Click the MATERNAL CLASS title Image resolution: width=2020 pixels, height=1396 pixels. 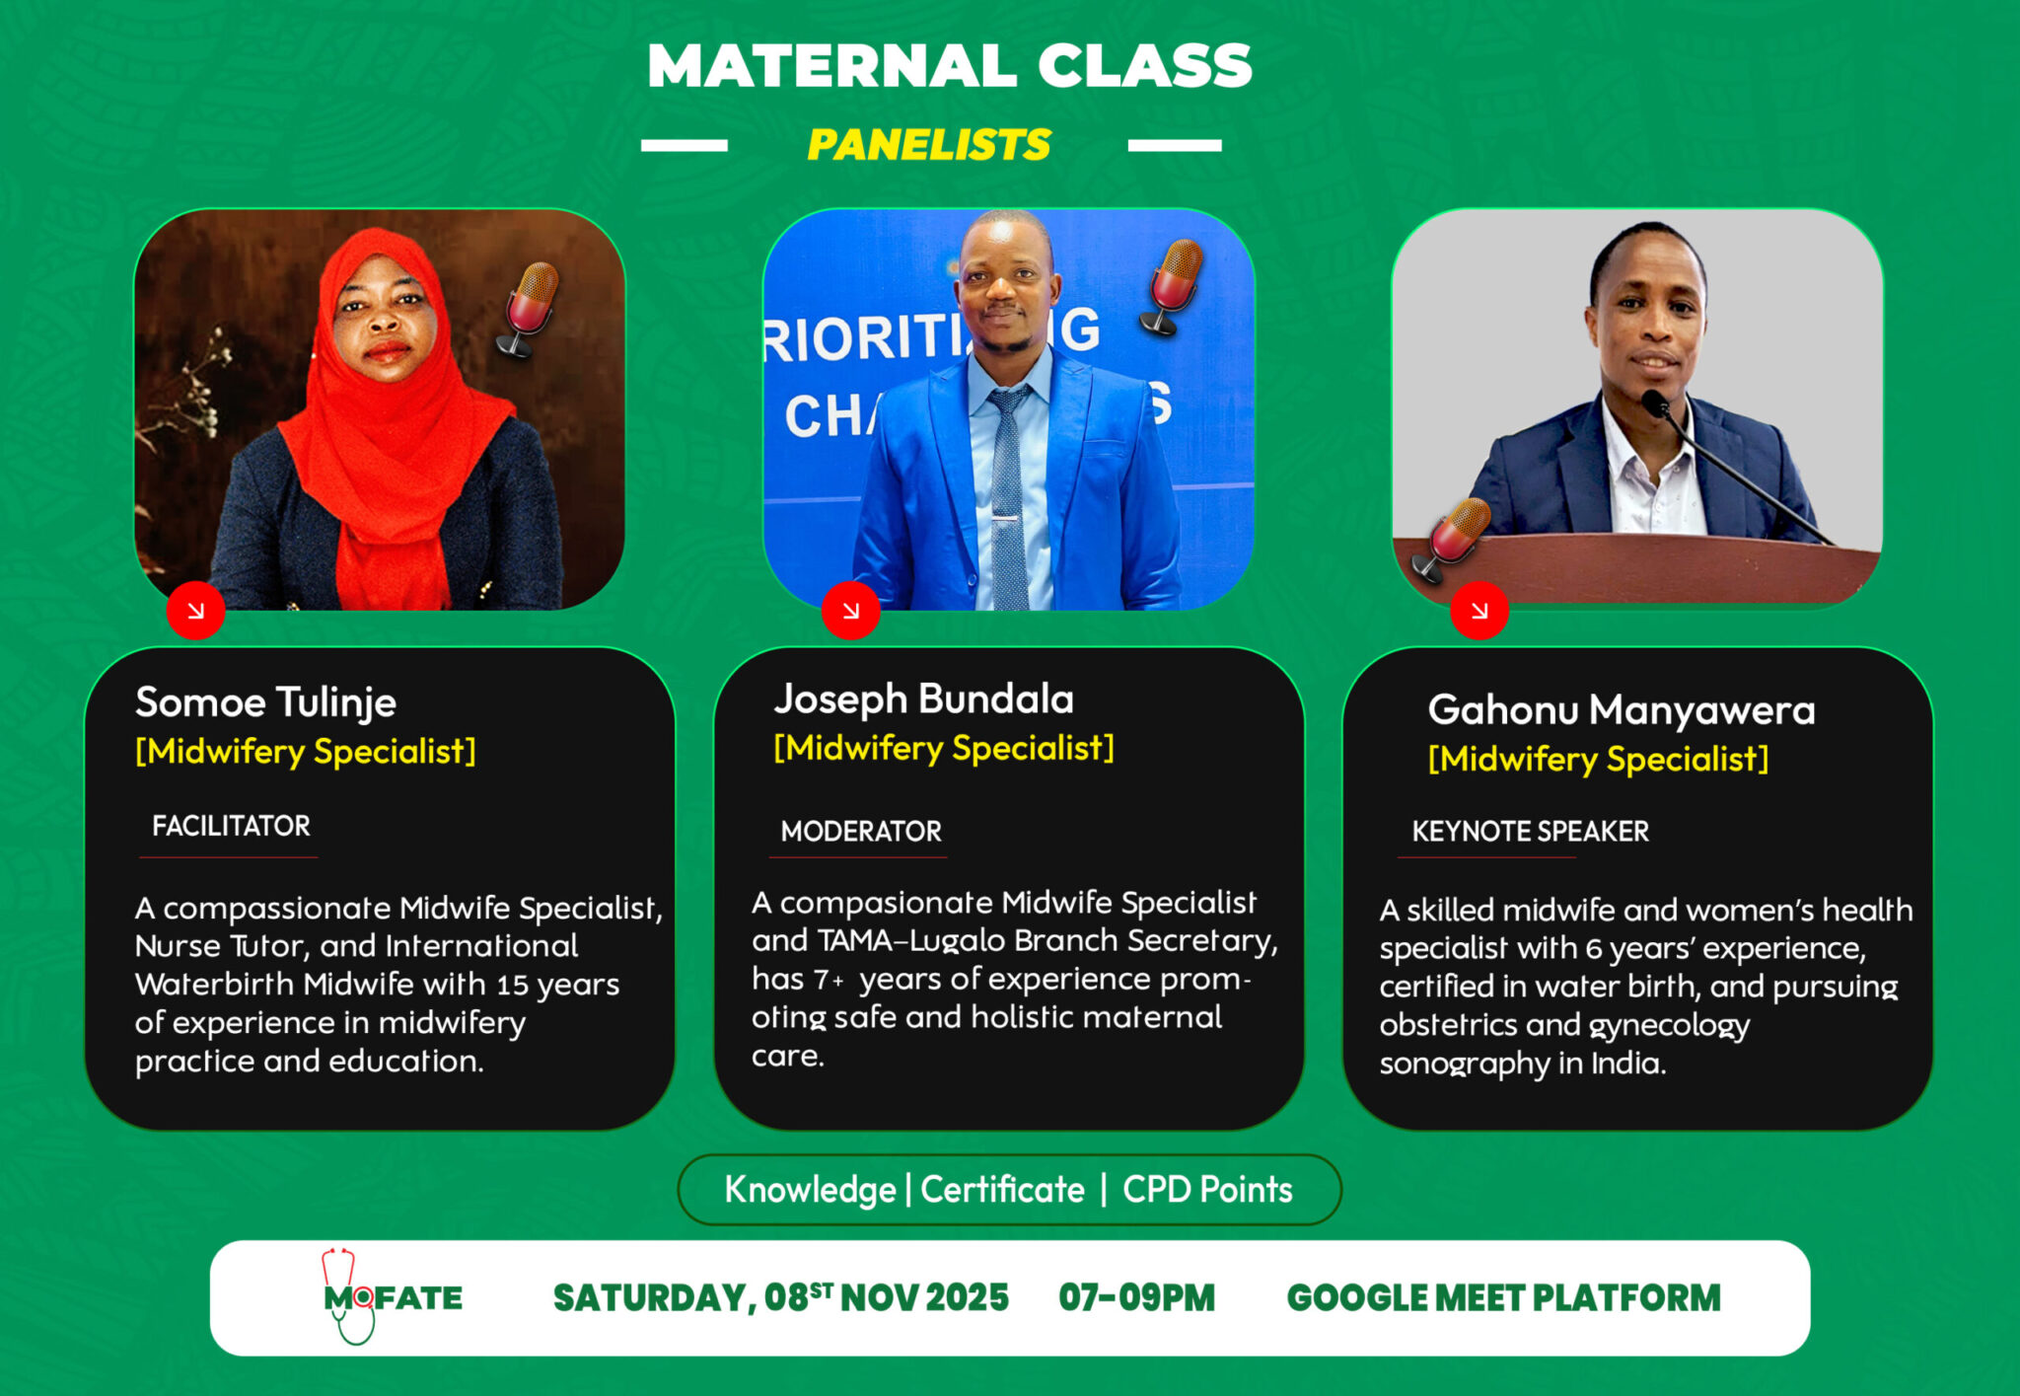click(x=950, y=66)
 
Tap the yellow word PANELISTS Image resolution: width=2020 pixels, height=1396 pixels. click(x=929, y=145)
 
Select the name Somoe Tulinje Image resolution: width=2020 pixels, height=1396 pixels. click(x=265, y=702)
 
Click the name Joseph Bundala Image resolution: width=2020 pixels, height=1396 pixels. click(x=923, y=699)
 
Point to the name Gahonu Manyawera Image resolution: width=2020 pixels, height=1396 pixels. click(x=1622, y=710)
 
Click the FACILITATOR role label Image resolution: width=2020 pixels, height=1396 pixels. click(x=231, y=826)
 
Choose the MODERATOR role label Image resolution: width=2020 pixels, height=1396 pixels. click(x=861, y=832)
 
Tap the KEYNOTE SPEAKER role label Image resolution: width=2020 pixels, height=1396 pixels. click(x=1530, y=832)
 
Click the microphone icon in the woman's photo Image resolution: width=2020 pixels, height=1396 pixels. click(x=528, y=309)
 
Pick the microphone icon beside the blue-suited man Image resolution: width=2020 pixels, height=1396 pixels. click(x=1171, y=287)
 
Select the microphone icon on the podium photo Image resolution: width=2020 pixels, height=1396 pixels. click(x=1450, y=540)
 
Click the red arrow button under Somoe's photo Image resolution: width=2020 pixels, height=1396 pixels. click(x=195, y=611)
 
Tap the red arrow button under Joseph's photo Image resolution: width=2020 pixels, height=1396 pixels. click(x=850, y=611)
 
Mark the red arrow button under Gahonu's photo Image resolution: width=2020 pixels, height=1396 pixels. click(x=1479, y=611)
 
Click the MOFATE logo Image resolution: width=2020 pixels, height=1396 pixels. click(x=392, y=1296)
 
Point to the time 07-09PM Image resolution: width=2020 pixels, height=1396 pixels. click(x=1136, y=1298)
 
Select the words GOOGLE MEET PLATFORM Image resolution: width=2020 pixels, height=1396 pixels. click(x=1503, y=1298)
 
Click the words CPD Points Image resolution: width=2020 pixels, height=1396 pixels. click(x=1207, y=1190)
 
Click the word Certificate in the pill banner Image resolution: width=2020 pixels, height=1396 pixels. click(x=1002, y=1190)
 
